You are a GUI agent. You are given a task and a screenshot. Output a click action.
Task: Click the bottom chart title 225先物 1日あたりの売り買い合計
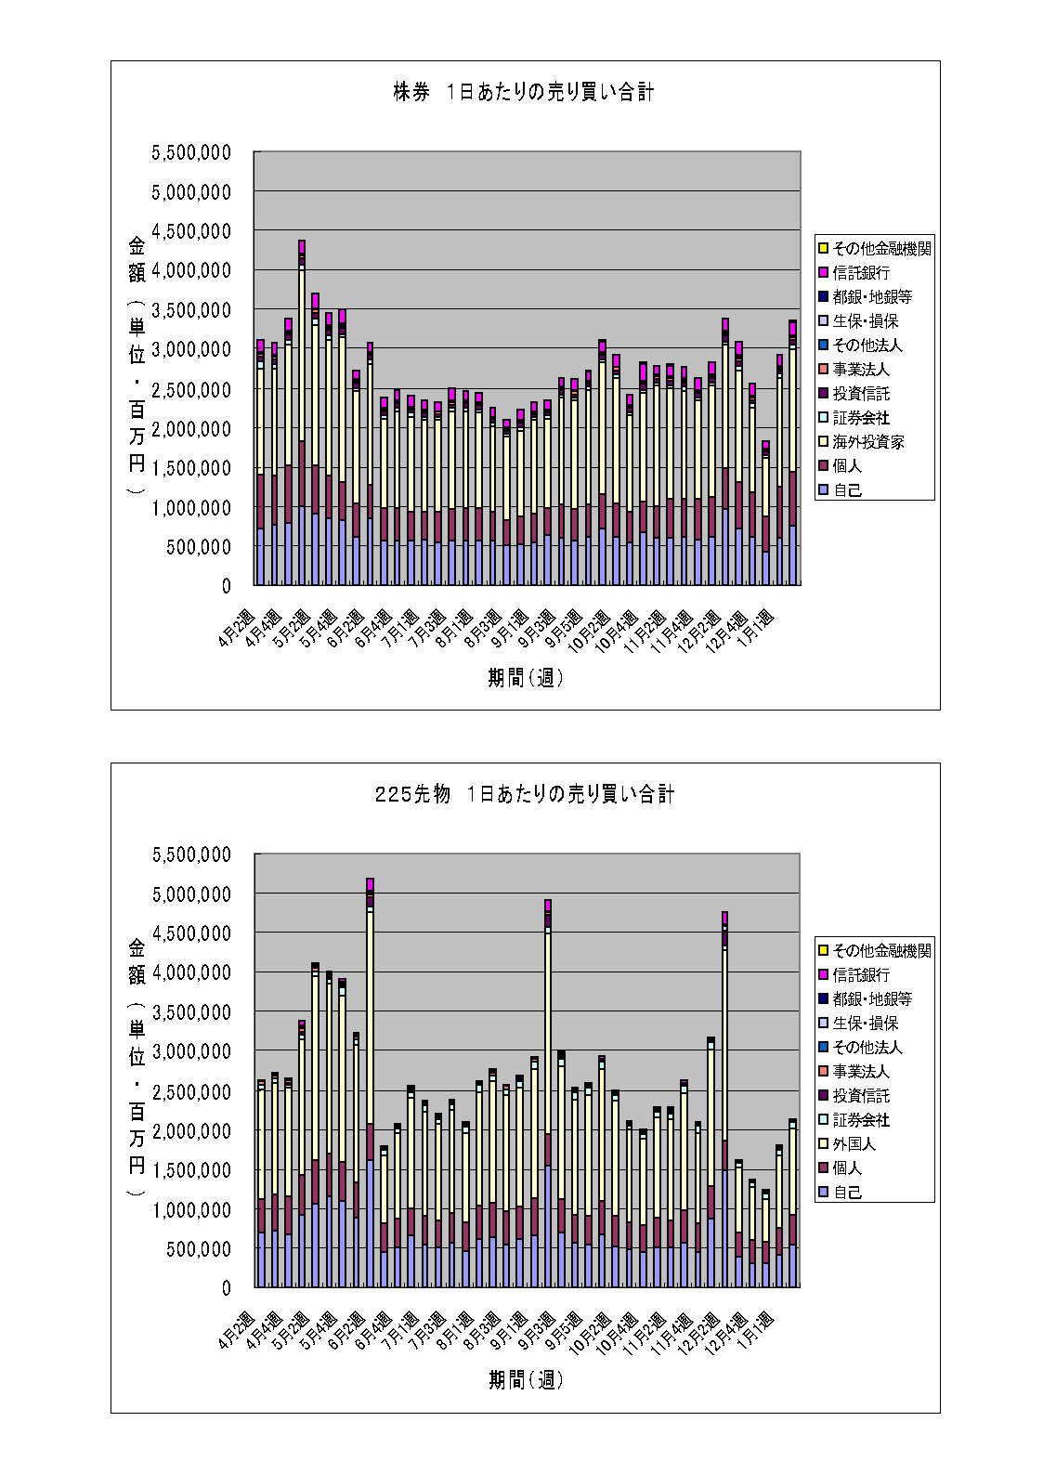coord(525,795)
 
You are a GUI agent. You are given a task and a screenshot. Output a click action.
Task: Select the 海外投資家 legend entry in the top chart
coord(867,442)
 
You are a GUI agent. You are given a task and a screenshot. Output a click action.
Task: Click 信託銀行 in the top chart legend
coord(861,273)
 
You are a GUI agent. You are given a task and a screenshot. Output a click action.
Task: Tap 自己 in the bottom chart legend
coord(847,1193)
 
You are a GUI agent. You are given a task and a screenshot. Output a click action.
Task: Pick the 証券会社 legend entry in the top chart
coord(861,418)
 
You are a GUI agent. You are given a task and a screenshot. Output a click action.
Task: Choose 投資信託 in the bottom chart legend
coord(861,1096)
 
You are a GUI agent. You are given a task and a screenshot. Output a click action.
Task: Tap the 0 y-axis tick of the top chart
coord(226,587)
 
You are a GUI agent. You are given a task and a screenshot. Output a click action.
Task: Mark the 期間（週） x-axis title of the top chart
coord(526,679)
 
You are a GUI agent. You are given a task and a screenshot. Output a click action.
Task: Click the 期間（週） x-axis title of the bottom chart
coord(526,1381)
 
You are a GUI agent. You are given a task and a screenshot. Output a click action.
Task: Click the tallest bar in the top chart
coord(302,418)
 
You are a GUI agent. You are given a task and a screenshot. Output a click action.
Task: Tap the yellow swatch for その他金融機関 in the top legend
coord(823,249)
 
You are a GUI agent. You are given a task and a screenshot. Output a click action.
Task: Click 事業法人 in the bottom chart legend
coord(861,1072)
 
